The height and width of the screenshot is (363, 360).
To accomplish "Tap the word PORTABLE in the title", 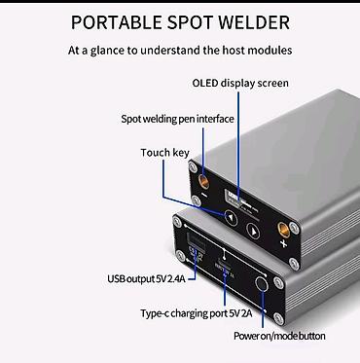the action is pyautogui.click(x=116, y=22).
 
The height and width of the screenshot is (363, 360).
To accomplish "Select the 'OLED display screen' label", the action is pyautogui.click(x=240, y=83).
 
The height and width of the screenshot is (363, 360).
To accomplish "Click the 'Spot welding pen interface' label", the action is pyautogui.click(x=177, y=119).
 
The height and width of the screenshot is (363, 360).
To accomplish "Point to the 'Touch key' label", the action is pyautogui.click(x=164, y=153).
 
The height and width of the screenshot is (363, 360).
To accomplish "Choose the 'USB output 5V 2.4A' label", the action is pyautogui.click(x=146, y=278).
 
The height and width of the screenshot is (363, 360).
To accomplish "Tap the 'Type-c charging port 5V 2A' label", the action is pyautogui.click(x=197, y=313).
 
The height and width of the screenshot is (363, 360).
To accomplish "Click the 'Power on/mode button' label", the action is pyautogui.click(x=279, y=336).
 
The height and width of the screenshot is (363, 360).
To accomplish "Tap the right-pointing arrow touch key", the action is pyautogui.click(x=253, y=231).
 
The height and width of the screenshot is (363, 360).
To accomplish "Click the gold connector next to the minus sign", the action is pyautogui.click(x=204, y=181).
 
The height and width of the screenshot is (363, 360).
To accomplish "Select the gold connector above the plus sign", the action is pyautogui.click(x=283, y=231).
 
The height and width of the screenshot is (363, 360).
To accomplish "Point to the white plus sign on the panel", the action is pyautogui.click(x=284, y=243).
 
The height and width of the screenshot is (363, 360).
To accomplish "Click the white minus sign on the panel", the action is pyautogui.click(x=204, y=196).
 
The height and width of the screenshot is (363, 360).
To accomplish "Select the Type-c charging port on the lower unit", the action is pyautogui.click(x=224, y=263).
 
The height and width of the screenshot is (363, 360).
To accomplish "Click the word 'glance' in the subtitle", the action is pyautogui.click(x=106, y=51).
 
